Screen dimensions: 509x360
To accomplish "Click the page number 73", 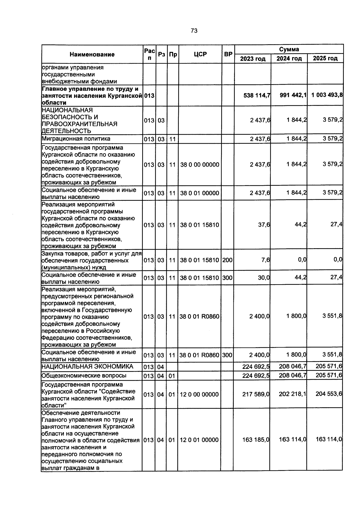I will (x=194, y=31).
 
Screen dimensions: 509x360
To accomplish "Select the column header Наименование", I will (x=92, y=54).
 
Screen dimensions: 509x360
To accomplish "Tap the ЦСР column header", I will (x=200, y=54).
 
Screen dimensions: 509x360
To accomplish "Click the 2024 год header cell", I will (x=289, y=59).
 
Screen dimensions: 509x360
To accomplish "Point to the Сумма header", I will (x=289, y=49).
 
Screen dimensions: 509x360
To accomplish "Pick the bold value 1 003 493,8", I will (x=327, y=95).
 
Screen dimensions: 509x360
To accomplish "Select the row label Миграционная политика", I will (x=76, y=139).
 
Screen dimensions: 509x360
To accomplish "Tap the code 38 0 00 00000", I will (x=199, y=164).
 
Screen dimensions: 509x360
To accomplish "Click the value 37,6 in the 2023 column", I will (x=264, y=224).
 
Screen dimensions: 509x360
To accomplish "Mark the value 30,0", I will (x=264, y=278).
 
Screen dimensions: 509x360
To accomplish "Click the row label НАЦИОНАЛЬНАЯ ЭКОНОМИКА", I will (x=87, y=366).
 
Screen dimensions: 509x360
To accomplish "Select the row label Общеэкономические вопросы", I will (x=84, y=375).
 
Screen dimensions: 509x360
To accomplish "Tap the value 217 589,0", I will (x=256, y=394).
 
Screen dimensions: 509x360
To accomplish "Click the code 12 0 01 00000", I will (x=199, y=440).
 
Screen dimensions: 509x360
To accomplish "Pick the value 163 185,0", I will (x=256, y=440).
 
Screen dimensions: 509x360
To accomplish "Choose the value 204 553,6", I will (x=328, y=394).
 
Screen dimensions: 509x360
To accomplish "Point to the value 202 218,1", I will (x=292, y=394).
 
